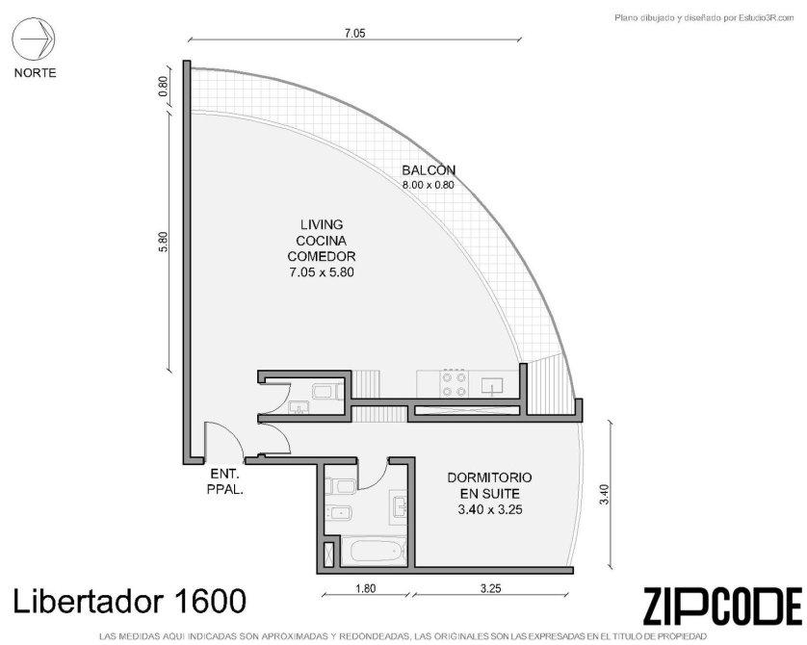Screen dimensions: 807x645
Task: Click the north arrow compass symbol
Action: pos(34,39)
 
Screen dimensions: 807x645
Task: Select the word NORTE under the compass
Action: pos(35,73)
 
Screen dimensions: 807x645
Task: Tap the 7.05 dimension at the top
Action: pos(354,34)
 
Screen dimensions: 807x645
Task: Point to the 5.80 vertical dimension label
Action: pos(163,243)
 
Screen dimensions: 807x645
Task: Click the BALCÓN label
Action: pos(429,169)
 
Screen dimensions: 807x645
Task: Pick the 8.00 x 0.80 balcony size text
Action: pos(429,185)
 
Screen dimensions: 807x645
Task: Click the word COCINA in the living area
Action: pos(321,241)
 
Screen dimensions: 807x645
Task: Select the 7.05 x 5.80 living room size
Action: pos(322,272)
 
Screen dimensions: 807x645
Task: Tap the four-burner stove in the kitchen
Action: pos(454,384)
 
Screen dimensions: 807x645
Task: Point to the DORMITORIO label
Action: pos(489,477)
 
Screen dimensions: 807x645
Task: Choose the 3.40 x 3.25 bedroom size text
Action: pos(490,509)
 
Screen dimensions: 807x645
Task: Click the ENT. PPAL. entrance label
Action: pos(225,481)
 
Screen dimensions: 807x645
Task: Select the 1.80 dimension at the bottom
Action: pos(365,588)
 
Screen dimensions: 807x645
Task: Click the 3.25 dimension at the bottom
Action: pos(490,588)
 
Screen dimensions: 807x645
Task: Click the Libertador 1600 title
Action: pos(129,602)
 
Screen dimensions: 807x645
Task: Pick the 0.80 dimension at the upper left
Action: pos(163,87)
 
